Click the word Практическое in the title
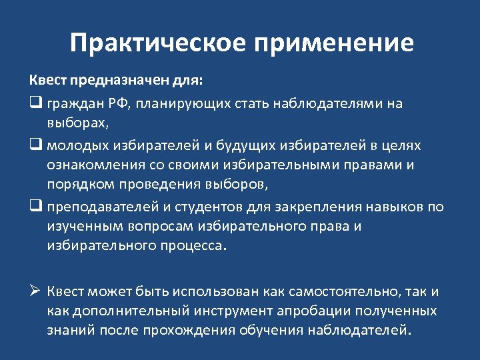pos(156,43)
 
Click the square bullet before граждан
pos(35,104)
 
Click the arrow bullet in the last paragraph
pos(36,290)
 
